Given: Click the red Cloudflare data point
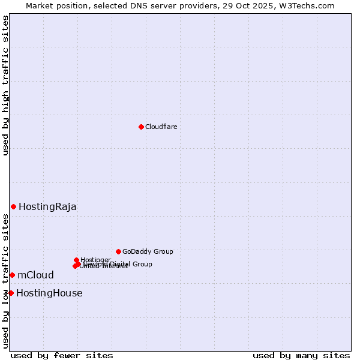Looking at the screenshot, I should pos(141,127).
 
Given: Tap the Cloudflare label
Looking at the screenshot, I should pos(161,127).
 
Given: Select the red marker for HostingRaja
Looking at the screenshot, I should pos(13,206).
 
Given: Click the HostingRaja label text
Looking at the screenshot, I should pos(47,207).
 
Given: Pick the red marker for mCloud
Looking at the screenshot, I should pos(12,275).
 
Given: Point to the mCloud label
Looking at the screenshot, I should pos(35,275).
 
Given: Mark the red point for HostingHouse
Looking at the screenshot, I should pos(11,293).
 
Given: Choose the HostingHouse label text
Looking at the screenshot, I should pos(49,293).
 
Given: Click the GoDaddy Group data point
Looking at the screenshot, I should pos(118,251).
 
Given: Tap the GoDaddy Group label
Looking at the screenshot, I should pos(148,251).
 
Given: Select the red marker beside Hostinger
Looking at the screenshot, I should pos(76,260).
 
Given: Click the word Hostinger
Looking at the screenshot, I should pos(96,260).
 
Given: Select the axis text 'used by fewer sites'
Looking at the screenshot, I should pos(62,355).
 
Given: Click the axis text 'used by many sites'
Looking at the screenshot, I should pos(301,355).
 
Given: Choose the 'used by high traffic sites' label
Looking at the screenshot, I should pos(5,85).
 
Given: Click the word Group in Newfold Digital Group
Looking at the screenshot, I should pos(142,264).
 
